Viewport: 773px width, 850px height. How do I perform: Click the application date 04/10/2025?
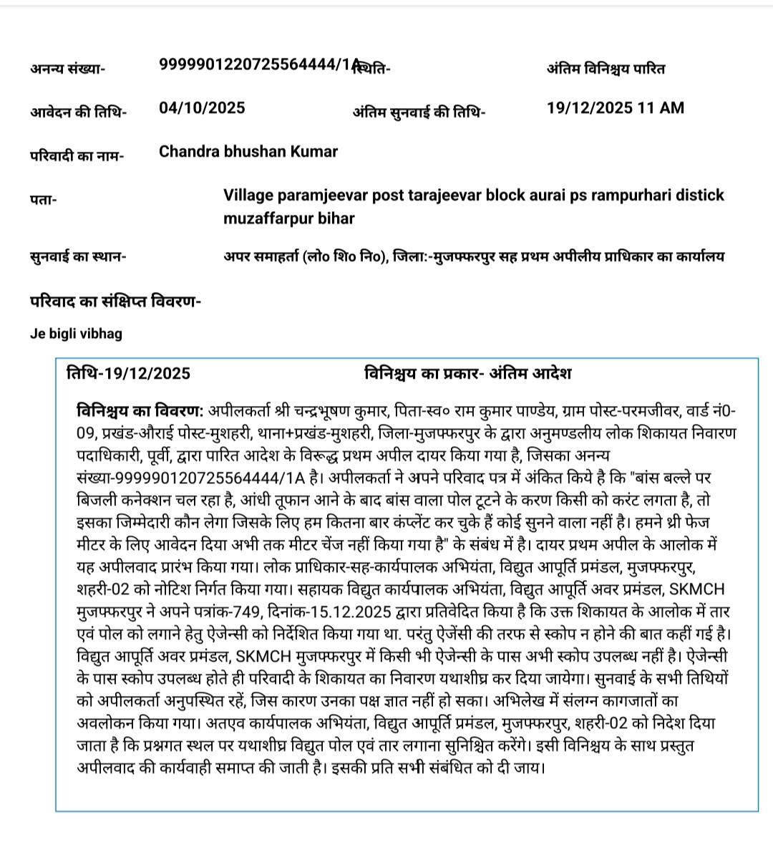[202, 108]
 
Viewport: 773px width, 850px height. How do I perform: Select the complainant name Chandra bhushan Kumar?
[248, 152]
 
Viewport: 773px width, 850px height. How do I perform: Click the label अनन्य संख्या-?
[68, 69]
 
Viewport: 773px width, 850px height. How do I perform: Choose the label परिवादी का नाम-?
[77, 156]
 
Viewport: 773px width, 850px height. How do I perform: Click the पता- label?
[44, 200]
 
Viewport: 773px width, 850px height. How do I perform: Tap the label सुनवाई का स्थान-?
[78, 256]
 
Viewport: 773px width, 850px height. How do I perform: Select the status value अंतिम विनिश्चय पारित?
[606, 69]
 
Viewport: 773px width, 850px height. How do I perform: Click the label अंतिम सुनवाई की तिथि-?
[419, 112]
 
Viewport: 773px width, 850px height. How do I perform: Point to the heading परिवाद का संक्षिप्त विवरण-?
[115, 301]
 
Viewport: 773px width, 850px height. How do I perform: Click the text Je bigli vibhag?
[76, 334]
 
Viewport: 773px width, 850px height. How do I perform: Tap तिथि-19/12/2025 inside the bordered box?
[129, 374]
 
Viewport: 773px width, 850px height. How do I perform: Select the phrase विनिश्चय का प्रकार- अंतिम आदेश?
[467, 374]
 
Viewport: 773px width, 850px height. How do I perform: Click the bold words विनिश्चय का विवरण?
[140, 412]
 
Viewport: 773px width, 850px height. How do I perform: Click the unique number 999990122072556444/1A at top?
[258, 64]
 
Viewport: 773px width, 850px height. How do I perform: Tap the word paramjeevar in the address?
[318, 195]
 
